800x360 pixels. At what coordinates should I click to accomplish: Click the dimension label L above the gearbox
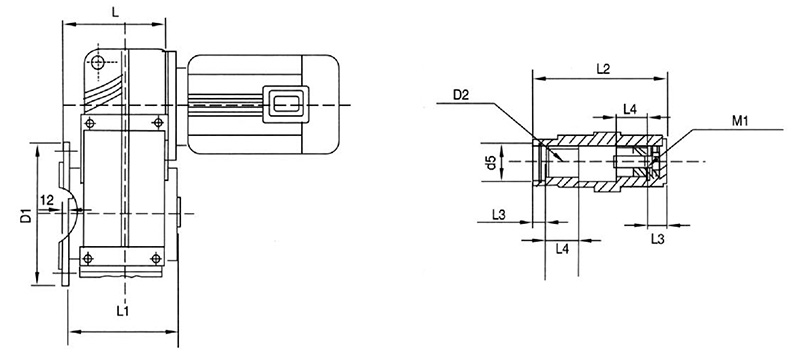coord(119,11)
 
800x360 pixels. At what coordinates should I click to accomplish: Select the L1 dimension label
coord(121,312)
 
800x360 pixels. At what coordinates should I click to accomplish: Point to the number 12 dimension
coord(47,202)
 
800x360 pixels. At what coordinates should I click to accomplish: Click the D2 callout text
coord(461,96)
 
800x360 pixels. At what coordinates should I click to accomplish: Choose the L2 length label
coord(603,69)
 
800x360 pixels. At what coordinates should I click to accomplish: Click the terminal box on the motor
coord(284,105)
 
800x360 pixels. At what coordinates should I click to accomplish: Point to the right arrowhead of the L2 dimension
coord(664,79)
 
